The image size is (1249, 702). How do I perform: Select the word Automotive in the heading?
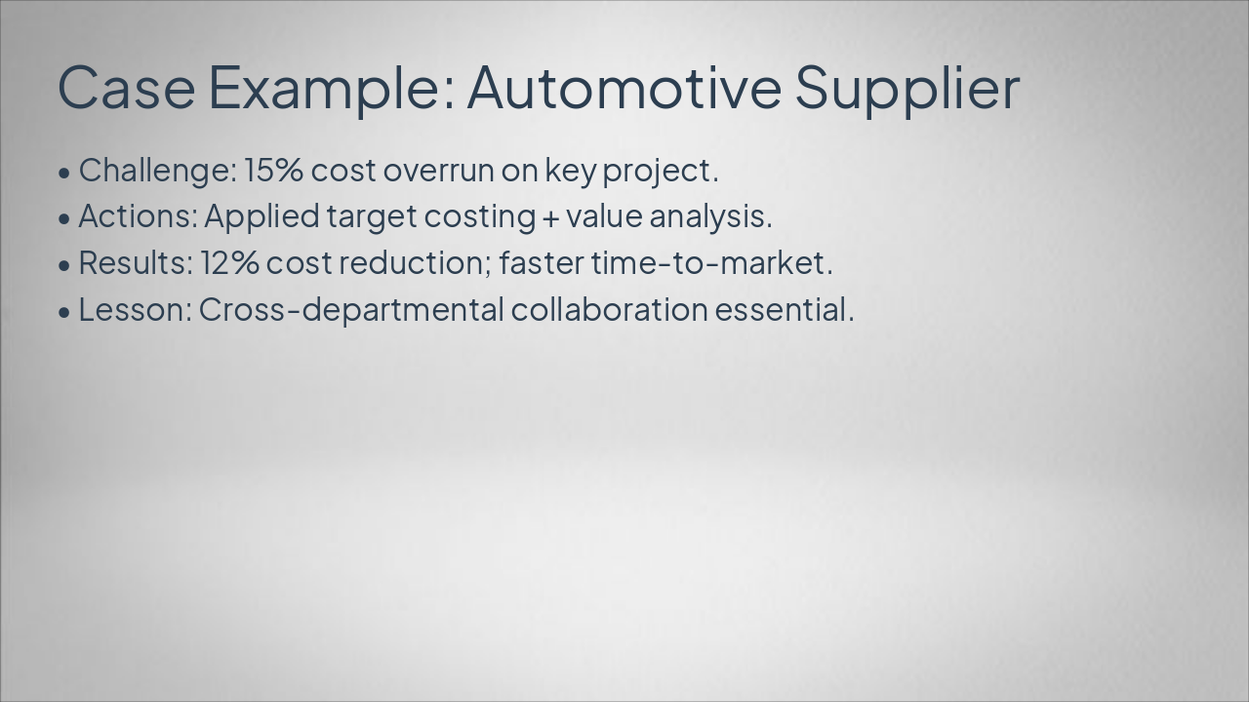tap(624, 87)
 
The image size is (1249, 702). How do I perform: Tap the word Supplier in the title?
tap(907, 87)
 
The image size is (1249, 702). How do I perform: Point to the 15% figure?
tap(274, 170)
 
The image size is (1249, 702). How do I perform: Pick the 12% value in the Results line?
tap(229, 263)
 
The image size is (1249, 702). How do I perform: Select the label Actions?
tap(138, 216)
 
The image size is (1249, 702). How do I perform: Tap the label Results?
tap(136, 263)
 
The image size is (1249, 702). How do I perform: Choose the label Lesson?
tap(135, 310)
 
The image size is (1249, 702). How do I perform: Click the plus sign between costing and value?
tap(550, 218)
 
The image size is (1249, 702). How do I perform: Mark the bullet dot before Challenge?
tap(64, 173)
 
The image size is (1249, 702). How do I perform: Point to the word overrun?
tap(438, 170)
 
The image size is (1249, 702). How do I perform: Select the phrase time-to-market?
tap(710, 263)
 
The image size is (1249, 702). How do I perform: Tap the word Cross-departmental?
tap(351, 310)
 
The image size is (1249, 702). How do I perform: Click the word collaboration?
tap(610, 310)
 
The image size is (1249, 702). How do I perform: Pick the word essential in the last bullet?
tap(784, 310)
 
